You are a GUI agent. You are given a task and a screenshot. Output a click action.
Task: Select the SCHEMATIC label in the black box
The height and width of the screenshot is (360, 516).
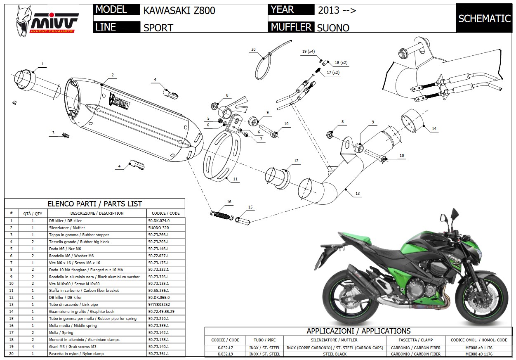(484, 19)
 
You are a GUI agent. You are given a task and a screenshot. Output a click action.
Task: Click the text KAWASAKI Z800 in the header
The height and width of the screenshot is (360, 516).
(179, 10)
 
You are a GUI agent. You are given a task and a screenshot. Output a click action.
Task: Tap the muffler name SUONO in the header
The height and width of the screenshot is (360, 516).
(333, 28)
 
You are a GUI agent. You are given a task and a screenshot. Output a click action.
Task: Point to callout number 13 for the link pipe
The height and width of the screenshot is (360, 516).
(357, 194)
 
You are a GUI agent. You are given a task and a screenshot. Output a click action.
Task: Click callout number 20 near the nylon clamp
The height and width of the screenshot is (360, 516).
(253, 50)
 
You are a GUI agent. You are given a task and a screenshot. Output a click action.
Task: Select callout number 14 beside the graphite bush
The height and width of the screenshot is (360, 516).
(434, 129)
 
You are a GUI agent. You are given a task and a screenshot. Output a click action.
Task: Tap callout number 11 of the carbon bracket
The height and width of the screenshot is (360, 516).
(236, 179)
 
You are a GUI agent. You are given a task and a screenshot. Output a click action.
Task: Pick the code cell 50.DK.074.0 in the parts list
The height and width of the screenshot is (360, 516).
(159, 221)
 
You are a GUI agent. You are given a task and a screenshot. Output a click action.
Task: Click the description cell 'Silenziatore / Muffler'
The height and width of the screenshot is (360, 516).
(67, 228)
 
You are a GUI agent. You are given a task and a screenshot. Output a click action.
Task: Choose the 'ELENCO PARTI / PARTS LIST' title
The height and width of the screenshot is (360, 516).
(95, 204)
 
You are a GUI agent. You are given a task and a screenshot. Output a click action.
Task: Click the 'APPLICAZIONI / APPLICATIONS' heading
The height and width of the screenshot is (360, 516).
(358, 331)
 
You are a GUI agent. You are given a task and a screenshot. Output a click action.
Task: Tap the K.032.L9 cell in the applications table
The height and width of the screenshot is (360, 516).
(225, 354)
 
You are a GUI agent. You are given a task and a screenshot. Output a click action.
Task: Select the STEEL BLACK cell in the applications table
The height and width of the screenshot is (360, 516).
(335, 354)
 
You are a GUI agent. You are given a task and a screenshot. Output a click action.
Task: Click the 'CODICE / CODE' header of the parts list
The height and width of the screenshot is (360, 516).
(166, 213)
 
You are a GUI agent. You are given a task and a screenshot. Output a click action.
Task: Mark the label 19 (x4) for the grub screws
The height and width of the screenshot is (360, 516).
(308, 52)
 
